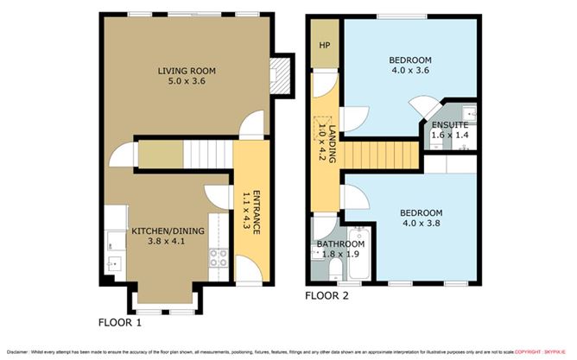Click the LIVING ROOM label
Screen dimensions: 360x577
coord(186,71)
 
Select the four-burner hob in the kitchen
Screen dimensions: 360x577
coord(218,256)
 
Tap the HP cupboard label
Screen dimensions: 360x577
coord(325,46)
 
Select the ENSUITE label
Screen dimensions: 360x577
coord(450,125)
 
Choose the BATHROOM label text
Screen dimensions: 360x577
coord(339,244)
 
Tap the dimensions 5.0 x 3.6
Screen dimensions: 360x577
coord(186,83)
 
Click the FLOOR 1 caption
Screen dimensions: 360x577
coord(120,323)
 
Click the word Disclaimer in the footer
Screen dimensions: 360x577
coord(18,351)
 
